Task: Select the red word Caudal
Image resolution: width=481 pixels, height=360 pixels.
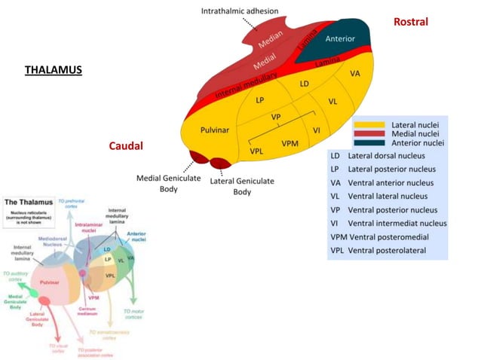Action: coord(125,145)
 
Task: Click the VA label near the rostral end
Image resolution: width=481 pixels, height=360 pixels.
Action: coord(354,74)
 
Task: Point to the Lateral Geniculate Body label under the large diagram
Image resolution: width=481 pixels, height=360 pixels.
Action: coord(241,187)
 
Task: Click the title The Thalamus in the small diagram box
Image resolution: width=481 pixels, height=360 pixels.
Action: coord(29,203)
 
